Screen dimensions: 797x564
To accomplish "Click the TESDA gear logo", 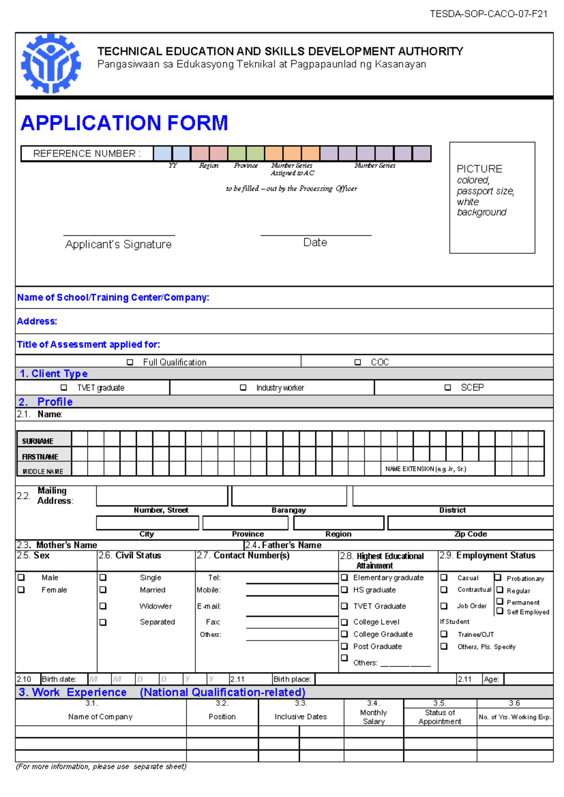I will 51,63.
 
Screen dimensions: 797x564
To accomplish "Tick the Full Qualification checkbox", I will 130,362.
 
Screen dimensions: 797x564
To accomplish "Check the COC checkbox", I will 358,362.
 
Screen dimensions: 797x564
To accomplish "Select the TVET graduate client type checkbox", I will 64,388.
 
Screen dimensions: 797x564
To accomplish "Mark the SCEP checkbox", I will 447,388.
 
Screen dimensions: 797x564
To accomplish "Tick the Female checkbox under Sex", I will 21,590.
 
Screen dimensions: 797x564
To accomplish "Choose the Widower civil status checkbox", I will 103,606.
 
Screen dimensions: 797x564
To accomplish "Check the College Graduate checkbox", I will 345,634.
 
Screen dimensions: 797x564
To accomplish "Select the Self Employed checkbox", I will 500,611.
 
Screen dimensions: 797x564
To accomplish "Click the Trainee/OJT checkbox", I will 444,634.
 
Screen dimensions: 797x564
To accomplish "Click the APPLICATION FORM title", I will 125,123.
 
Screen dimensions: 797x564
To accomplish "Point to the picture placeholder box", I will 492,197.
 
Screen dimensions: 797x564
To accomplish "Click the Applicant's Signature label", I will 118,244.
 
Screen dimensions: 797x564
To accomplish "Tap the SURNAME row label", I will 38,441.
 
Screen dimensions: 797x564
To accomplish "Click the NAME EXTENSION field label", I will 425,469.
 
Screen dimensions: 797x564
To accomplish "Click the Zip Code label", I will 470,534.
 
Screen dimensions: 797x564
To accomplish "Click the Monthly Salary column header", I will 374,717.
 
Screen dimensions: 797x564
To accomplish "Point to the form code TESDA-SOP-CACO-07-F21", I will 488,14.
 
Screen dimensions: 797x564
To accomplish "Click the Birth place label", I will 292,679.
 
